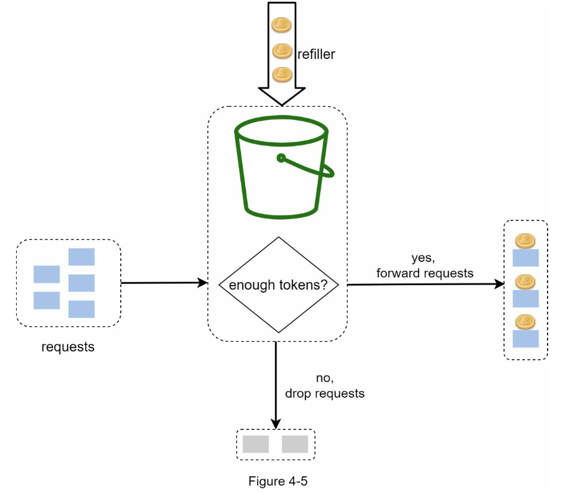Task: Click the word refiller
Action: click(316, 54)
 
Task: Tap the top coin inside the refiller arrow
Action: click(282, 25)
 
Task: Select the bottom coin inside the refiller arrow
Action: click(282, 74)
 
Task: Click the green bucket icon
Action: click(284, 167)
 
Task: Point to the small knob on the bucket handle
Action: click(281, 158)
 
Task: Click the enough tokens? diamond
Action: click(279, 285)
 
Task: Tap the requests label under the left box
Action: click(68, 347)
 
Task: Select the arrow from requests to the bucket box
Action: click(164, 283)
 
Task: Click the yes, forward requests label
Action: click(425, 266)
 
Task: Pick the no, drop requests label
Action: click(325, 386)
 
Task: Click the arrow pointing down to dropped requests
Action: click(276, 385)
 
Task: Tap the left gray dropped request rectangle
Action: click(256, 444)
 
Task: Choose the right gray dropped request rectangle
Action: click(295, 444)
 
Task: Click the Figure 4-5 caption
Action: click(278, 481)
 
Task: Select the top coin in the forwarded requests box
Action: click(525, 241)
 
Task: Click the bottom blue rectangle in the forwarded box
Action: click(526, 339)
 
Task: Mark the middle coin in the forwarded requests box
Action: click(525, 282)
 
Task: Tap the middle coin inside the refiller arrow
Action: click(282, 51)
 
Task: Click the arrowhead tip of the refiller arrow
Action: click(282, 105)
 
